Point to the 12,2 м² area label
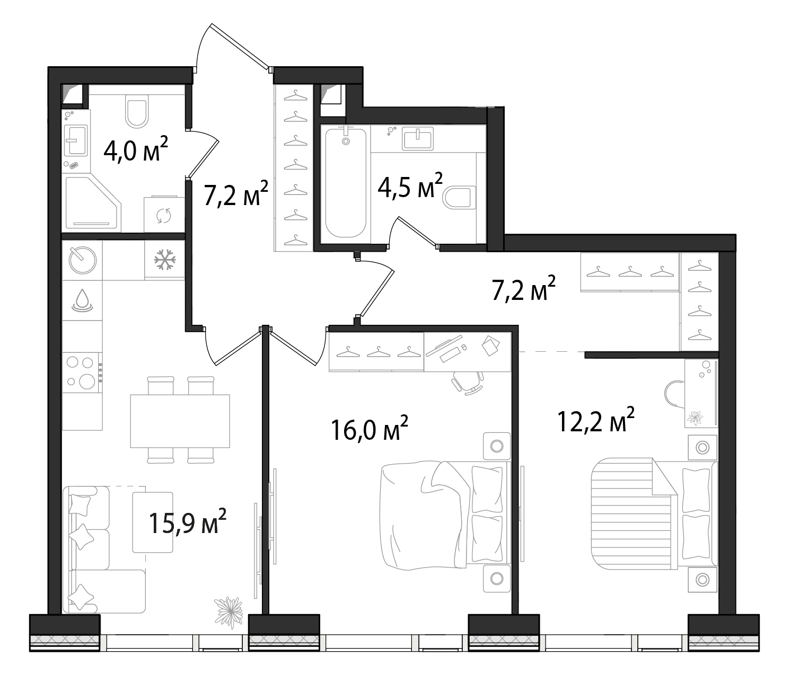[x=596, y=420]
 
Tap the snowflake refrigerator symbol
[x=165, y=260]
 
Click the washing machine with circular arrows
[x=164, y=215]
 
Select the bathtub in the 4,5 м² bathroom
[x=346, y=183]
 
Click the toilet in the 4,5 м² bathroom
[x=459, y=197]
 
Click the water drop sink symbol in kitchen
[x=82, y=300]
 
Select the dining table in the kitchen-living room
[x=180, y=421]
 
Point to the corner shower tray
[x=92, y=204]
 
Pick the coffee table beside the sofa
[x=153, y=522]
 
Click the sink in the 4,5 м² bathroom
[x=418, y=139]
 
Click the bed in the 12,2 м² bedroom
[x=654, y=514]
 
